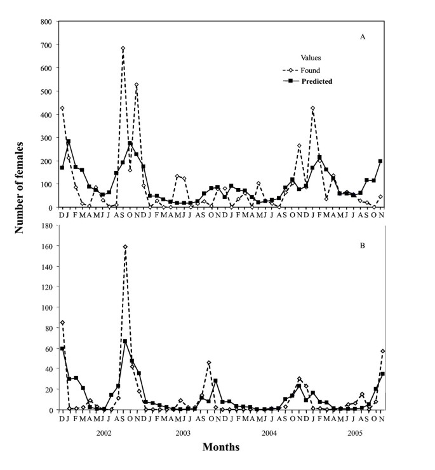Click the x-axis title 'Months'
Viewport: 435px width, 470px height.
[x=220, y=447]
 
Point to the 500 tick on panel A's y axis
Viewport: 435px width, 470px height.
[x=46, y=91]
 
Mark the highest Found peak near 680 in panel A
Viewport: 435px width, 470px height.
[x=123, y=48]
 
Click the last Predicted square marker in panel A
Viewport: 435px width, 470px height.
[x=380, y=161]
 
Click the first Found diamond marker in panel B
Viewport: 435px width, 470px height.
[x=62, y=323]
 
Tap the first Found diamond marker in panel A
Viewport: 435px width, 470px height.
[x=62, y=108]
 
